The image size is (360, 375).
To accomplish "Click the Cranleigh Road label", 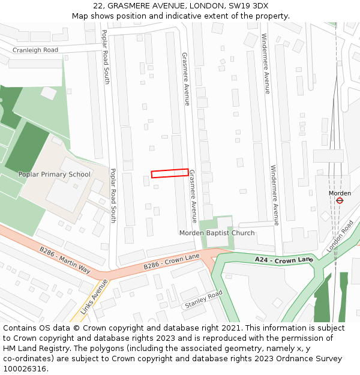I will (x=35, y=50).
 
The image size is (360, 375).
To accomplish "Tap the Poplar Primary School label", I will (x=54, y=175).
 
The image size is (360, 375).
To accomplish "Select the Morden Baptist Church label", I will (x=217, y=233).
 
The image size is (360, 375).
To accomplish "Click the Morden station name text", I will (x=340, y=193).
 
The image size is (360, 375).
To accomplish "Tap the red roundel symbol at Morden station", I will (x=340, y=200).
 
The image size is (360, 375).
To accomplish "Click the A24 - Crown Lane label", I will (x=284, y=259).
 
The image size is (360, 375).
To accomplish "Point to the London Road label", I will (x=340, y=236).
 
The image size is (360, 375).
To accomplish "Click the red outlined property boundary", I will (x=170, y=173).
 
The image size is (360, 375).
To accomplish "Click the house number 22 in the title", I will (x=98, y=6).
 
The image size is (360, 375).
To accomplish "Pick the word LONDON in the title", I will (x=206, y=6).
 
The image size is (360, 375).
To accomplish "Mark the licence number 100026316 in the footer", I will (x=25, y=368).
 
